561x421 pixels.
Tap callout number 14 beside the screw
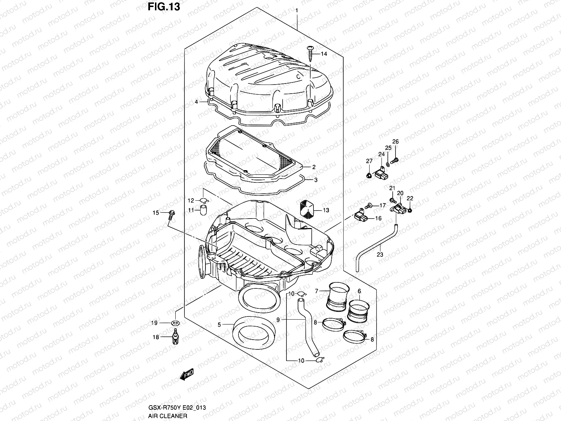tap(324, 54)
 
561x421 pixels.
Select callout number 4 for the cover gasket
tap(197, 102)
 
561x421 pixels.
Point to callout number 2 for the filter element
tap(314, 167)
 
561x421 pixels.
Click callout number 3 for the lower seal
tap(316, 180)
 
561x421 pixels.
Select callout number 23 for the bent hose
tap(380, 254)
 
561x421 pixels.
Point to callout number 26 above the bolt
tap(395, 142)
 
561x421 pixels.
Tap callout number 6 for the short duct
tap(359, 291)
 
